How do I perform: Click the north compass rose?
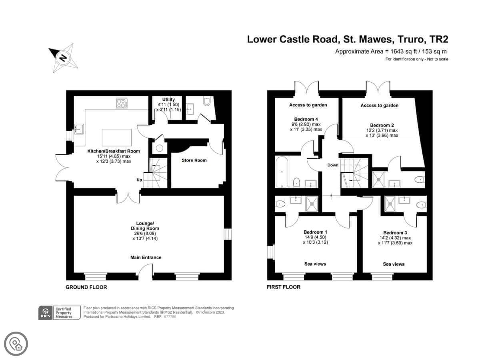coord(64,58)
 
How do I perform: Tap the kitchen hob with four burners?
coord(122,103)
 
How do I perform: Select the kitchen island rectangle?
coord(117,137)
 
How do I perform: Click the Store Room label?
coord(194,160)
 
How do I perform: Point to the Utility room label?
coord(168,100)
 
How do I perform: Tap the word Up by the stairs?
coord(139,180)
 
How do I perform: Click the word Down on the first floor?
coord(333,165)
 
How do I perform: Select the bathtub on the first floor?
coord(282,172)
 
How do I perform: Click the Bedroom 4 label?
coord(306,119)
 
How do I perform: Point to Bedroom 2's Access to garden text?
coord(380,105)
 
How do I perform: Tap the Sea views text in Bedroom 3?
coord(394,264)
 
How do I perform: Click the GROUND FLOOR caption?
coord(86,287)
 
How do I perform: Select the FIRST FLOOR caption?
coord(284,287)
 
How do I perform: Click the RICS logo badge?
coord(46,313)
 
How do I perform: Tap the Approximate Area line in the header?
coord(391,51)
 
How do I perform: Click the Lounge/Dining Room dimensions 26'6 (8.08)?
coord(145,233)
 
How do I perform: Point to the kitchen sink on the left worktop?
coord(79,129)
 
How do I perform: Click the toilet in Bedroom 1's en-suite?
coord(280,204)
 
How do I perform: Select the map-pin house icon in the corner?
coord(16,344)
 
